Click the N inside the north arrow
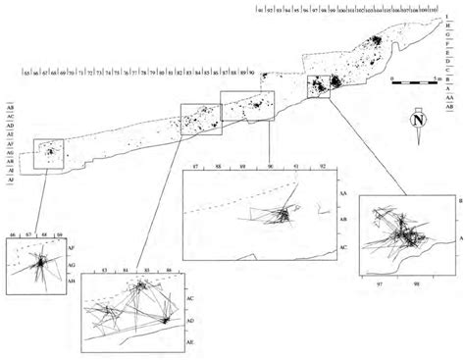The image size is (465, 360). pos(418,121)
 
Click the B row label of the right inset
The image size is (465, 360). pos(460,200)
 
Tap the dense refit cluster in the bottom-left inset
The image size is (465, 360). pos(40,261)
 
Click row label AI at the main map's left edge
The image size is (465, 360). pos(10,172)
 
